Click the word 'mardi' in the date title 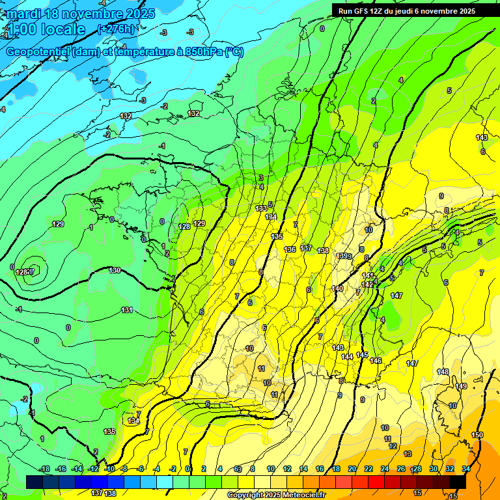(x=24, y=14)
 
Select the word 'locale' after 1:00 (x=63, y=29)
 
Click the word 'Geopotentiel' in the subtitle (x=38, y=52)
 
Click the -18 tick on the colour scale (x=44, y=469)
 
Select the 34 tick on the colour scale (x=466, y=469)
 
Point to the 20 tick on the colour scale (x=352, y=469)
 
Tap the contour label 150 (x=477, y=435)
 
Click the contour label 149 (x=461, y=386)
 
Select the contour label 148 (x=443, y=372)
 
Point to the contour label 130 (x=115, y=270)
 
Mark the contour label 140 (x=337, y=288)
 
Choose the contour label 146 (x=376, y=361)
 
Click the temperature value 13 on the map (x=408, y=454)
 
